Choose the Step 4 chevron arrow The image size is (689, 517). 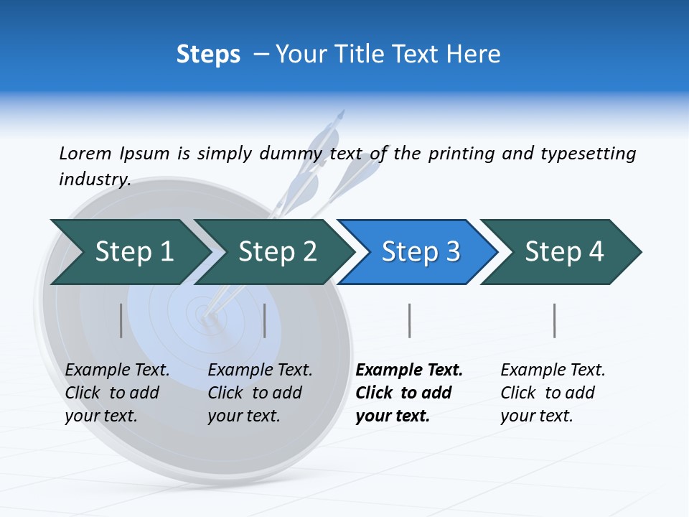point(563,252)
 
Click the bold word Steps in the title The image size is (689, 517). point(208,55)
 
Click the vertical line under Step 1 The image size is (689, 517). point(121,320)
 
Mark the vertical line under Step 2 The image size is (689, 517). point(265,320)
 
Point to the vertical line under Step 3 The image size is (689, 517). point(409,320)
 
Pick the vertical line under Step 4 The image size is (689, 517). point(554,320)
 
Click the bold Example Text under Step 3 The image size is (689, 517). point(409,371)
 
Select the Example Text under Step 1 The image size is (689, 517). point(117,371)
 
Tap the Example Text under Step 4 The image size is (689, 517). point(553,371)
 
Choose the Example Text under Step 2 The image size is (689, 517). point(260,371)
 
